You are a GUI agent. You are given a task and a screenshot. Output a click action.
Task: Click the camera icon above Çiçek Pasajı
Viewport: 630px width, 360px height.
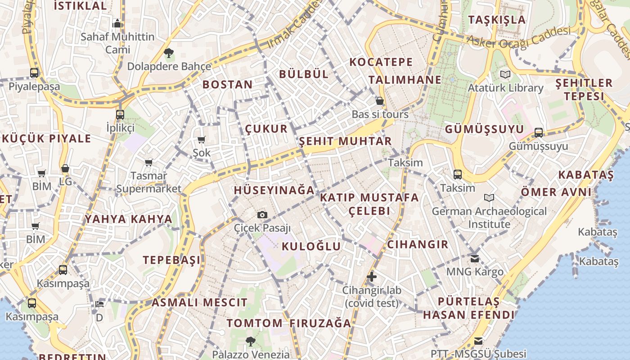pos(262,215)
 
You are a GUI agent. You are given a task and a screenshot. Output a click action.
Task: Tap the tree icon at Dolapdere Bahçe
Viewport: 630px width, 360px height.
pos(169,53)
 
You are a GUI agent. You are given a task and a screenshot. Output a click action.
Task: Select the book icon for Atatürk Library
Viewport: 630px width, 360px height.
pos(505,74)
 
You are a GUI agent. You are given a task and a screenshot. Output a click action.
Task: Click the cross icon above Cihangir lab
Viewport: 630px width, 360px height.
pos(371,277)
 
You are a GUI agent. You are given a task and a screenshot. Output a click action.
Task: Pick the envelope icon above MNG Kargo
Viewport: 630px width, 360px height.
pos(475,258)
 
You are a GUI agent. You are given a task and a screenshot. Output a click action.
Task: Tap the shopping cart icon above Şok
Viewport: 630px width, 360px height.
pos(201,139)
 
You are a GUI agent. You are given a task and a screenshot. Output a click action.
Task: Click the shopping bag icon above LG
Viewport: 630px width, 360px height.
pos(65,168)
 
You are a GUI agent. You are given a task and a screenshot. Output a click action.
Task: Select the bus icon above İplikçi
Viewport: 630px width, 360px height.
pos(120,114)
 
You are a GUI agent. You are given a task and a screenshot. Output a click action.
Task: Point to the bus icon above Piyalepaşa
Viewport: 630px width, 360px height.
pos(34,72)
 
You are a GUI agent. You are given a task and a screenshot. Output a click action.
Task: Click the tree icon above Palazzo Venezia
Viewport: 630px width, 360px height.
pos(251,341)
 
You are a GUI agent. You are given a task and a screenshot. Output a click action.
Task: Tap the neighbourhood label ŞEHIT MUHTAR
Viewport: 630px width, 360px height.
pos(346,141)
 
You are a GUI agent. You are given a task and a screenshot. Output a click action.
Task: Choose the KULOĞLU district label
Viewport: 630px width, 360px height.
pos(311,246)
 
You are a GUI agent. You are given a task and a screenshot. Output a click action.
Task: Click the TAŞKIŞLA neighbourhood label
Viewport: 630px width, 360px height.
pos(497,20)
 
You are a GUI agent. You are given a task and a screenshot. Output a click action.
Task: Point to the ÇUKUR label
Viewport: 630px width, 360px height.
pos(266,129)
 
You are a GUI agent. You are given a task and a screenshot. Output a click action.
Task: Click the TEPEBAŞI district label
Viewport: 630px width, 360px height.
pos(172,260)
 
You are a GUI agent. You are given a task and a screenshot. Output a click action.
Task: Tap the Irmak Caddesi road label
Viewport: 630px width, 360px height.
pos(294,25)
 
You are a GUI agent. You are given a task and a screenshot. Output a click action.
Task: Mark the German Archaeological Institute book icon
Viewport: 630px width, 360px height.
pos(489,198)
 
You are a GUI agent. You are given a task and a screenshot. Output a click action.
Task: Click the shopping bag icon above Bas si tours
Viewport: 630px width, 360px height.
pos(380,101)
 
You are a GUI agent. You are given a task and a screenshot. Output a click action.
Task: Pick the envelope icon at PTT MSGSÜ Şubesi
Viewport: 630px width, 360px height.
pos(478,341)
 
